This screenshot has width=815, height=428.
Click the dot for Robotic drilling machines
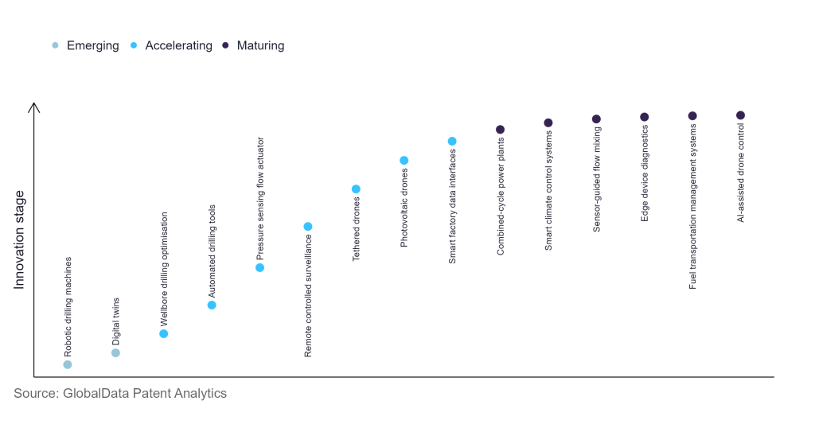click(x=68, y=364)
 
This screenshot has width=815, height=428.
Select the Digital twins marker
click(x=115, y=352)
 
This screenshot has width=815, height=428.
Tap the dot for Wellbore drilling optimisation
click(x=164, y=333)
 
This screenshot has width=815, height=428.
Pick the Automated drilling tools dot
click(x=212, y=305)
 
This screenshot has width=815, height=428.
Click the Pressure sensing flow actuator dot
click(x=259, y=267)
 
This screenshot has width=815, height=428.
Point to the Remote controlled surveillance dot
click(x=308, y=227)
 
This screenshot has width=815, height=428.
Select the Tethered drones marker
click(x=356, y=189)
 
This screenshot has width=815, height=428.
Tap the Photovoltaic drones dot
click(x=404, y=161)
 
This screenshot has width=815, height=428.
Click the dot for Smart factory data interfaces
click(x=452, y=141)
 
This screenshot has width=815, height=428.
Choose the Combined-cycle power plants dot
click(x=500, y=129)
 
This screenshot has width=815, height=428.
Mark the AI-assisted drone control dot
click(x=740, y=115)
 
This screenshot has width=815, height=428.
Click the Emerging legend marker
click(x=55, y=45)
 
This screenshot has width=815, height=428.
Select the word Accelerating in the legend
click(x=178, y=45)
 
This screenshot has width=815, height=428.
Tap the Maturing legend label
click(x=260, y=45)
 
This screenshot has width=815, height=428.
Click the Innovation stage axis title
click(x=20, y=239)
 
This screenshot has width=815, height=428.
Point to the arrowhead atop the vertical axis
click(x=33, y=107)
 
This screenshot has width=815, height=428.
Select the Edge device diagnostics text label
click(x=645, y=173)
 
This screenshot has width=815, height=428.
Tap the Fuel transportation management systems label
click(x=692, y=206)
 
